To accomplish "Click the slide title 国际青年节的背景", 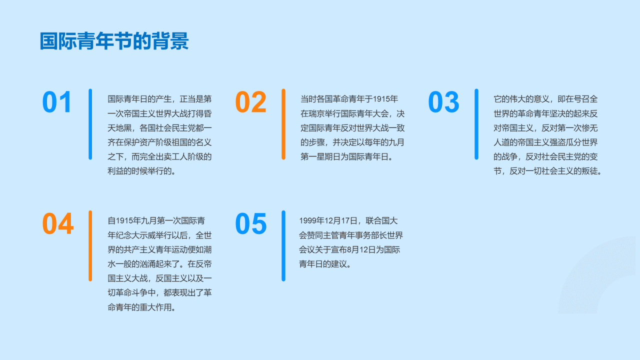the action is pyautogui.click(x=114, y=41).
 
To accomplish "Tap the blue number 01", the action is pyautogui.click(x=56, y=102).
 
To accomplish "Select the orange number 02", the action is pyautogui.click(x=250, y=102).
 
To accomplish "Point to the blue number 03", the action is pyautogui.click(x=443, y=102).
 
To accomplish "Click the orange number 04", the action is pyautogui.click(x=57, y=223).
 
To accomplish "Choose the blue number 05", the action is pyautogui.click(x=250, y=223).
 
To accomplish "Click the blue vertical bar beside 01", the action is pyautogui.click(x=90, y=124).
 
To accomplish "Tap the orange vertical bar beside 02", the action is pyautogui.click(x=283, y=124).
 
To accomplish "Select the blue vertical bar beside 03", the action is pyautogui.click(x=476, y=124).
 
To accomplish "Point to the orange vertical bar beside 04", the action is pyautogui.click(x=90, y=246).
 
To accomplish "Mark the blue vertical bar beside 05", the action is pyautogui.click(x=283, y=246).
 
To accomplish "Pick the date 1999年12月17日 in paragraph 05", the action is pyautogui.click(x=328, y=221).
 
